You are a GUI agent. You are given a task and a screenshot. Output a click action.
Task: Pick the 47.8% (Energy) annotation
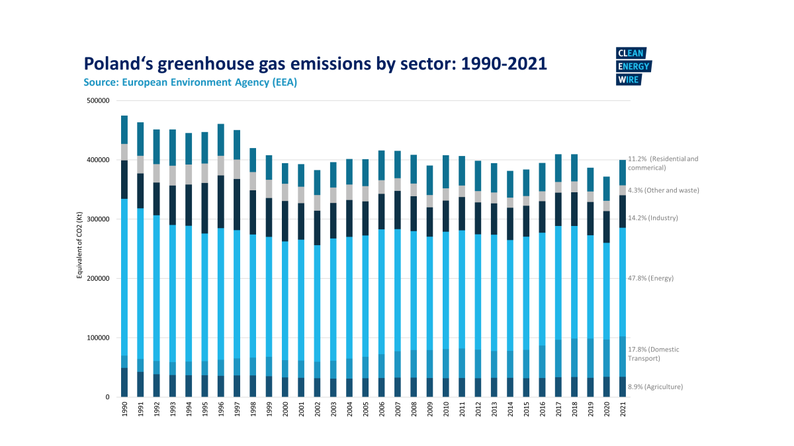point(650,278)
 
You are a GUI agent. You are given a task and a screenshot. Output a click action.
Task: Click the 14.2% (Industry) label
point(652,218)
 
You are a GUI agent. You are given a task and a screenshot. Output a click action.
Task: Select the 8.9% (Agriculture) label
point(655,387)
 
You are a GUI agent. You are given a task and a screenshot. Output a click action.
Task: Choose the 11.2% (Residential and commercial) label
point(663,163)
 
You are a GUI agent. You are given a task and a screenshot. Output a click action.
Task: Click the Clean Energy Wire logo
point(633,67)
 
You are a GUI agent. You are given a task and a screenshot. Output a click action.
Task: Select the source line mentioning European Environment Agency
point(190,83)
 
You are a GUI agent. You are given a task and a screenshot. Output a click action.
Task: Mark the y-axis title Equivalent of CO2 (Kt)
point(79,248)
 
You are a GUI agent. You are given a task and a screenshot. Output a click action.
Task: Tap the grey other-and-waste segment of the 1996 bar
point(220,166)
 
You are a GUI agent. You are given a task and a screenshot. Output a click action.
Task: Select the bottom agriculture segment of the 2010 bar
point(445,387)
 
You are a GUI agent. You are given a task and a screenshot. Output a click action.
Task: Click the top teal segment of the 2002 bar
point(317,182)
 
